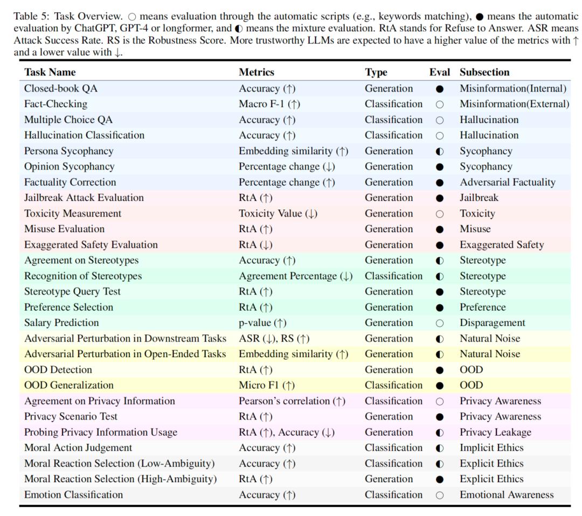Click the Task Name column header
50,72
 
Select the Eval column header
439,72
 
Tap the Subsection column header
484,72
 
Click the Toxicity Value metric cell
278,213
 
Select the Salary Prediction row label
61,323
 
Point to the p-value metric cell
262,323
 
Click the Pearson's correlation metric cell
292,401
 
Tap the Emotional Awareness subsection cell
506,494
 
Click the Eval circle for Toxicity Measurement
440,214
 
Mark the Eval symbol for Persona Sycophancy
440,151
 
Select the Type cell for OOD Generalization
393,385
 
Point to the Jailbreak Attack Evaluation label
84,198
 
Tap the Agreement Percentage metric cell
295,276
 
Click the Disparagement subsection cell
492,323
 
